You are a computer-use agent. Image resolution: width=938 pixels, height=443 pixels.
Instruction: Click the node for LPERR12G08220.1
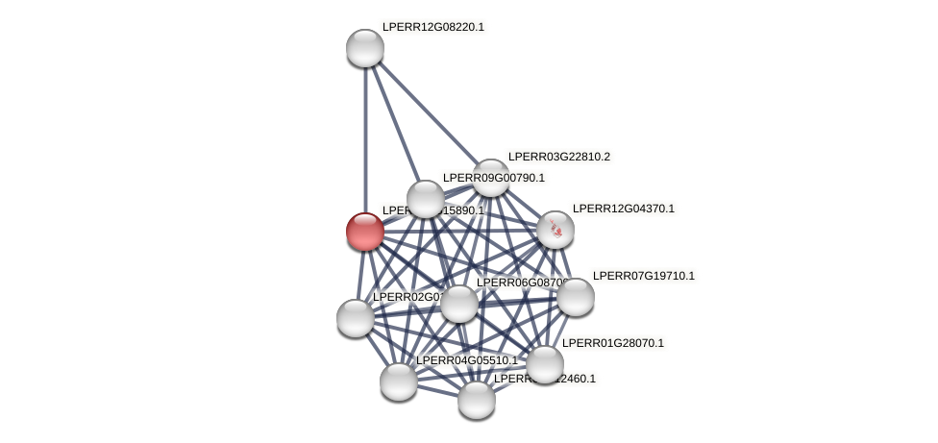tap(365, 48)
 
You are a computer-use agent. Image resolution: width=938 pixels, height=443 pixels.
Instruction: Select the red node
tap(365, 232)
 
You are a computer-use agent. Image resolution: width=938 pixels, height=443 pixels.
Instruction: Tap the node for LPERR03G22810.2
tap(491, 178)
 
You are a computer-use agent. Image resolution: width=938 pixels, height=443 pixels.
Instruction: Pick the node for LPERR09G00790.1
tap(426, 199)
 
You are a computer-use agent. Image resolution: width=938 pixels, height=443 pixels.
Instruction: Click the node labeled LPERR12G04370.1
tap(555, 230)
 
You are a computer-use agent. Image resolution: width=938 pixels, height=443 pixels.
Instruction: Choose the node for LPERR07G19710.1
tap(576, 297)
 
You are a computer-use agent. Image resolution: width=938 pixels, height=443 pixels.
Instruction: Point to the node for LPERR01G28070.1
tap(545, 364)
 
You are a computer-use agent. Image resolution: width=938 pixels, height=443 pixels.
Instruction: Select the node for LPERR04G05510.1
tap(399, 381)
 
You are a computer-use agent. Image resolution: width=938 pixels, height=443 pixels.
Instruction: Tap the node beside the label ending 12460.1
tap(477, 400)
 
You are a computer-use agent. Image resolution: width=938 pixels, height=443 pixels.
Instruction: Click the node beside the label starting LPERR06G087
tap(459, 304)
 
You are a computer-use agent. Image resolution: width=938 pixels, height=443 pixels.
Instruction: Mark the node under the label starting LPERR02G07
tap(356, 318)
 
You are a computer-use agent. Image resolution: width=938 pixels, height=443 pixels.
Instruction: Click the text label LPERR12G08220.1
tap(432, 27)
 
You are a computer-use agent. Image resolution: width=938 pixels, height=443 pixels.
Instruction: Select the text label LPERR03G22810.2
tap(558, 157)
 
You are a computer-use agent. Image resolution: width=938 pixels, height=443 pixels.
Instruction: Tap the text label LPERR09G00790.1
tap(493, 178)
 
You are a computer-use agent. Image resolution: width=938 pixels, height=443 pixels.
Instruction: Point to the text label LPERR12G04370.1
tap(623, 209)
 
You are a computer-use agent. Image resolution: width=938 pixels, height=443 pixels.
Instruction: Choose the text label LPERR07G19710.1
tap(643, 276)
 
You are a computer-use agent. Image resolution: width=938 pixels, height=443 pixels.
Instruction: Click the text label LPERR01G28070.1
tap(612, 343)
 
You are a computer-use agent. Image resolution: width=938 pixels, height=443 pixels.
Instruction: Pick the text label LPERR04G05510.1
tap(466, 360)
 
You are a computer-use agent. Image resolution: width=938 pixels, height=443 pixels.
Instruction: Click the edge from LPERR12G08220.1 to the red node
tap(365, 135)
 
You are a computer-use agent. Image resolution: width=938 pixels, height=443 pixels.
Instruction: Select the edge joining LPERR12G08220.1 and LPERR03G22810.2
tap(428, 112)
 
